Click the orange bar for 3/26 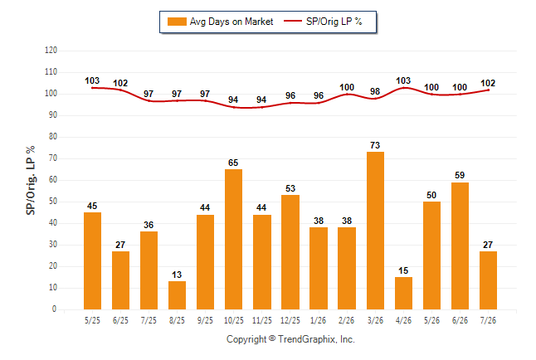(375, 231)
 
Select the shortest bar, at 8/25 (177, 295)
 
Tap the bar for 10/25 (233, 240)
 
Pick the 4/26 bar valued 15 (403, 294)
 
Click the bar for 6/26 (460, 246)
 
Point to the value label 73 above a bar (375, 145)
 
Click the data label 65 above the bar (233, 163)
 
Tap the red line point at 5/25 (92, 88)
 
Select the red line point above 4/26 (404, 88)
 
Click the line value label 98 (375, 91)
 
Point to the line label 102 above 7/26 (488, 83)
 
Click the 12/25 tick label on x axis (290, 320)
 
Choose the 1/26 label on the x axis (319, 320)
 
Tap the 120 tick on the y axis (51, 51)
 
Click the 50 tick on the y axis (53, 202)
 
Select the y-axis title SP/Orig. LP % (31, 180)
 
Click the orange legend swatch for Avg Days (177, 22)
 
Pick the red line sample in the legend (293, 21)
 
